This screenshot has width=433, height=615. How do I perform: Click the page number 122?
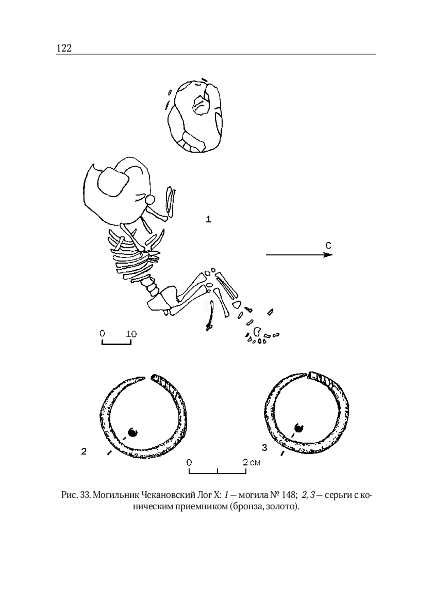[x=64, y=48]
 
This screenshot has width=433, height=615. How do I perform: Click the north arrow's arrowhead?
[x=328, y=255]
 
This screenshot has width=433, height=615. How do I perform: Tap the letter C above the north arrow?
[x=328, y=245]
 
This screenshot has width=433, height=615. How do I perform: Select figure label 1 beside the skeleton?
[x=208, y=219]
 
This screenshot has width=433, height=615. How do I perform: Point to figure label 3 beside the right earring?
[x=264, y=447]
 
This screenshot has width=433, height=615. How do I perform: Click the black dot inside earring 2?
[x=133, y=432]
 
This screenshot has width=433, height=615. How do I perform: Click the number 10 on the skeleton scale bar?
[x=131, y=334]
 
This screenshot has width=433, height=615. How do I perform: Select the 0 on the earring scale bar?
[x=189, y=463]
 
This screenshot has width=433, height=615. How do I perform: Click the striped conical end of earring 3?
[x=323, y=379]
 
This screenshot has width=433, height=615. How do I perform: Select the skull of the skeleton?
[x=117, y=190]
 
